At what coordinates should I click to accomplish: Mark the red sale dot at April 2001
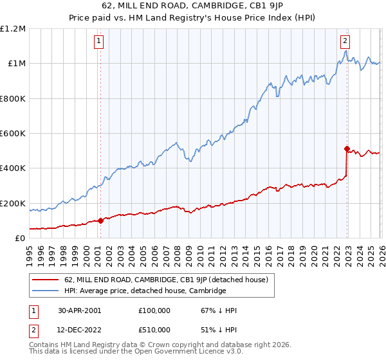(100, 221)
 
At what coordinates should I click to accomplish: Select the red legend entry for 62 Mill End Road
(170, 280)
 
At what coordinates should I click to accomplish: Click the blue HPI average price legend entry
(145, 291)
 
